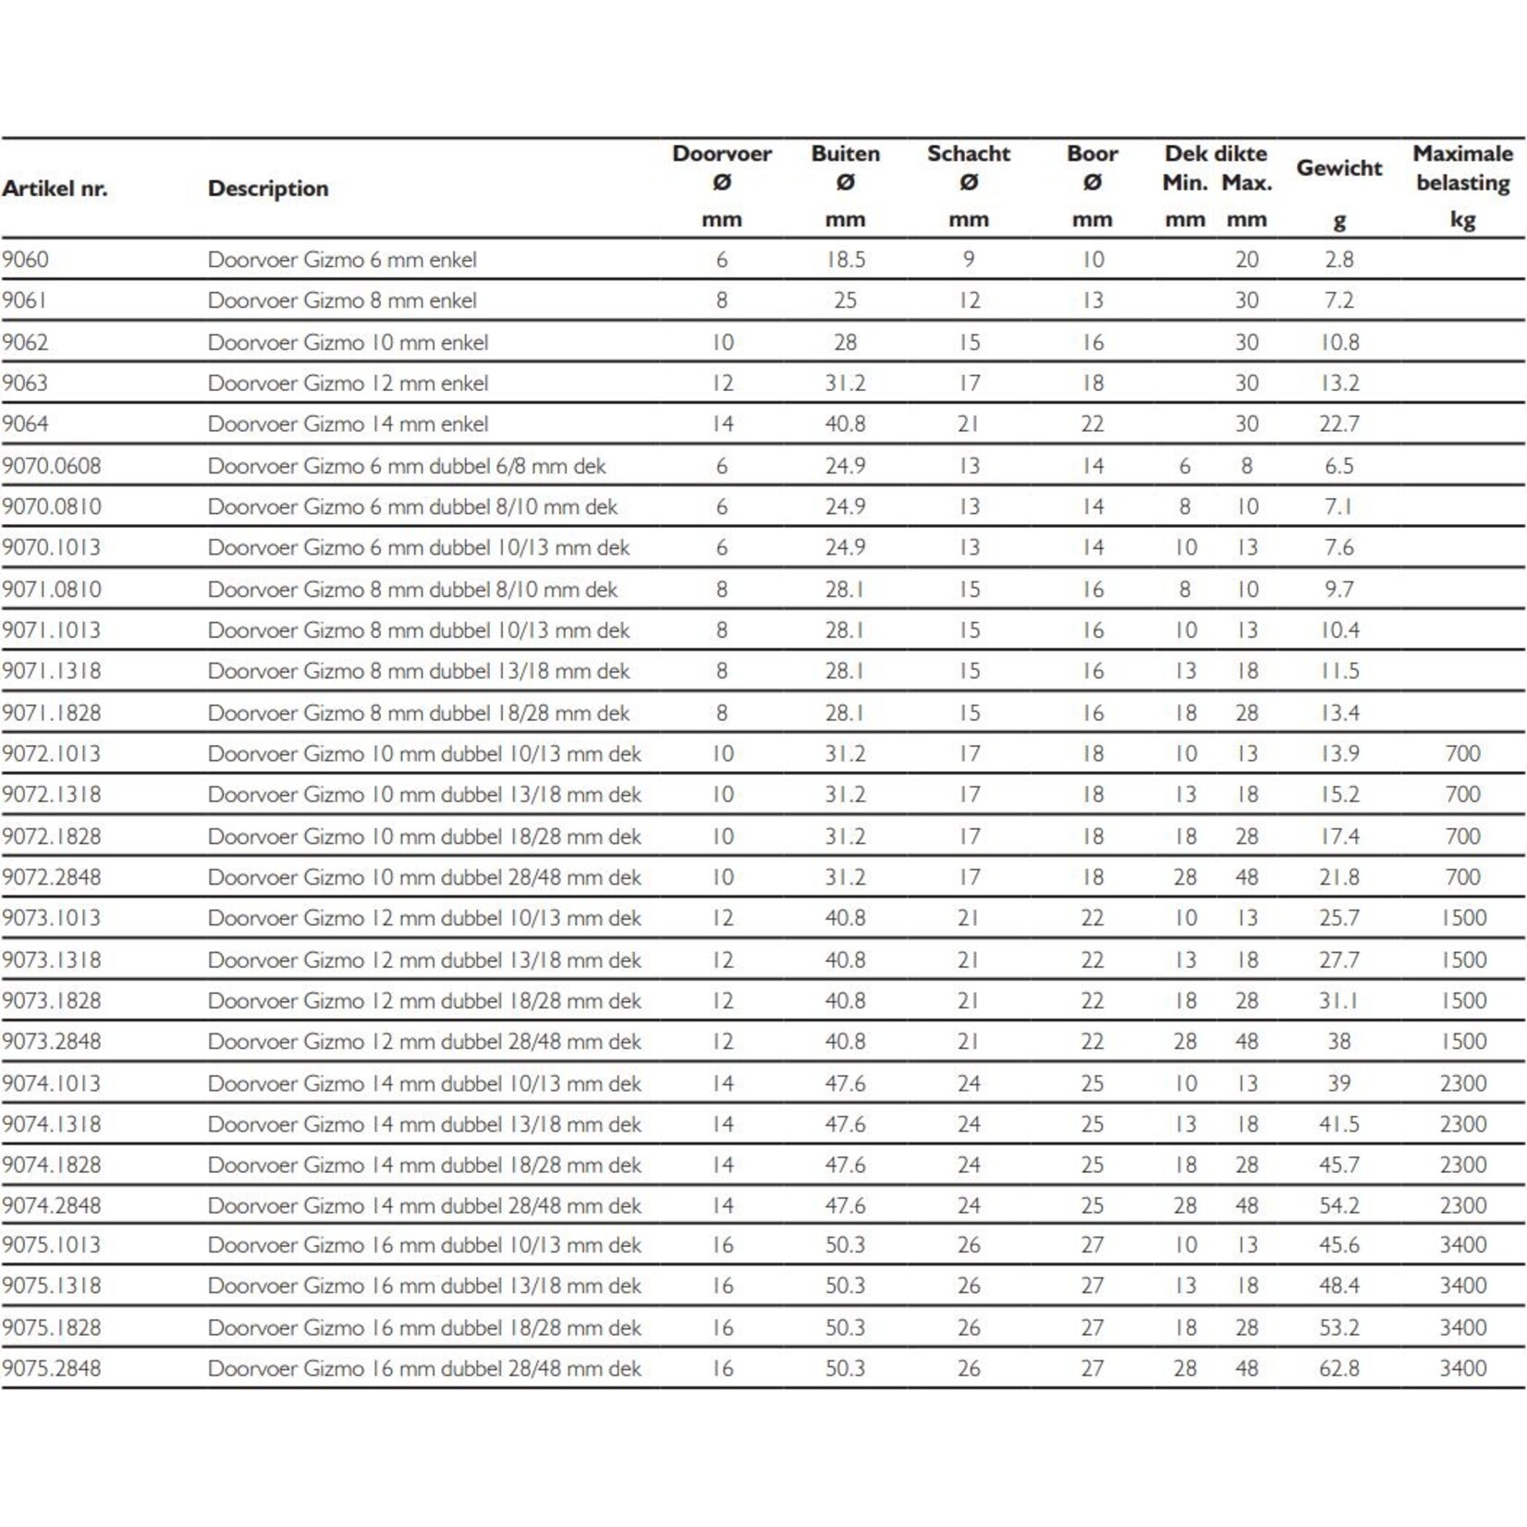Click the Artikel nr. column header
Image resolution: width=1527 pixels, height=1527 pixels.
pos(55,189)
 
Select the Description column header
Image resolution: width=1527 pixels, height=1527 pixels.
pos(268,189)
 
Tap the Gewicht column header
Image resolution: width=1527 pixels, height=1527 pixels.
pos(1338,168)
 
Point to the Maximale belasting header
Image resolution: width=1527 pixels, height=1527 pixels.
pos(1462,168)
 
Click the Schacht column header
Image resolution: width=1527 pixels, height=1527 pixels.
pos(968,154)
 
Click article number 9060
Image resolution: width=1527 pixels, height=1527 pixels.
pos(26,260)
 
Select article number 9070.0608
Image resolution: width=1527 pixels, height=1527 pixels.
pos(52,466)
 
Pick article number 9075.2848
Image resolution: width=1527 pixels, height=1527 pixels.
pos(52,1368)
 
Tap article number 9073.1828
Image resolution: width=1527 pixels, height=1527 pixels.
pos(52,1000)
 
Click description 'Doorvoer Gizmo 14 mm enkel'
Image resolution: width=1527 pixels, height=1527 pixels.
pos(348,424)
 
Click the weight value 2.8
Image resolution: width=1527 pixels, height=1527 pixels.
pos(1338,260)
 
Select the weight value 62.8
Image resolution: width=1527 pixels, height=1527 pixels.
pos(1338,1368)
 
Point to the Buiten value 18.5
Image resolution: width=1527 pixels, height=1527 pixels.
pos(845,260)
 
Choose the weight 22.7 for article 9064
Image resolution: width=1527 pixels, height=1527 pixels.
pos(1338,424)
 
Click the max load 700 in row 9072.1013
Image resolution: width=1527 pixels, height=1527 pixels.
pos(1462,753)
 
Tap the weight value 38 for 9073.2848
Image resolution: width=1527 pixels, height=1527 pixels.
pos(1338,1042)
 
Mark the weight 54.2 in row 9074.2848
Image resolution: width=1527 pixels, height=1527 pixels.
pos(1338,1205)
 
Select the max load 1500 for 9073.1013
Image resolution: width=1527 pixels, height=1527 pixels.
pos(1462,918)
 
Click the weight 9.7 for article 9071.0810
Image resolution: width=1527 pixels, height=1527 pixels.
pos(1338,589)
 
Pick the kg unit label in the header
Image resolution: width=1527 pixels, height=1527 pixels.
pos(1462,220)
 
